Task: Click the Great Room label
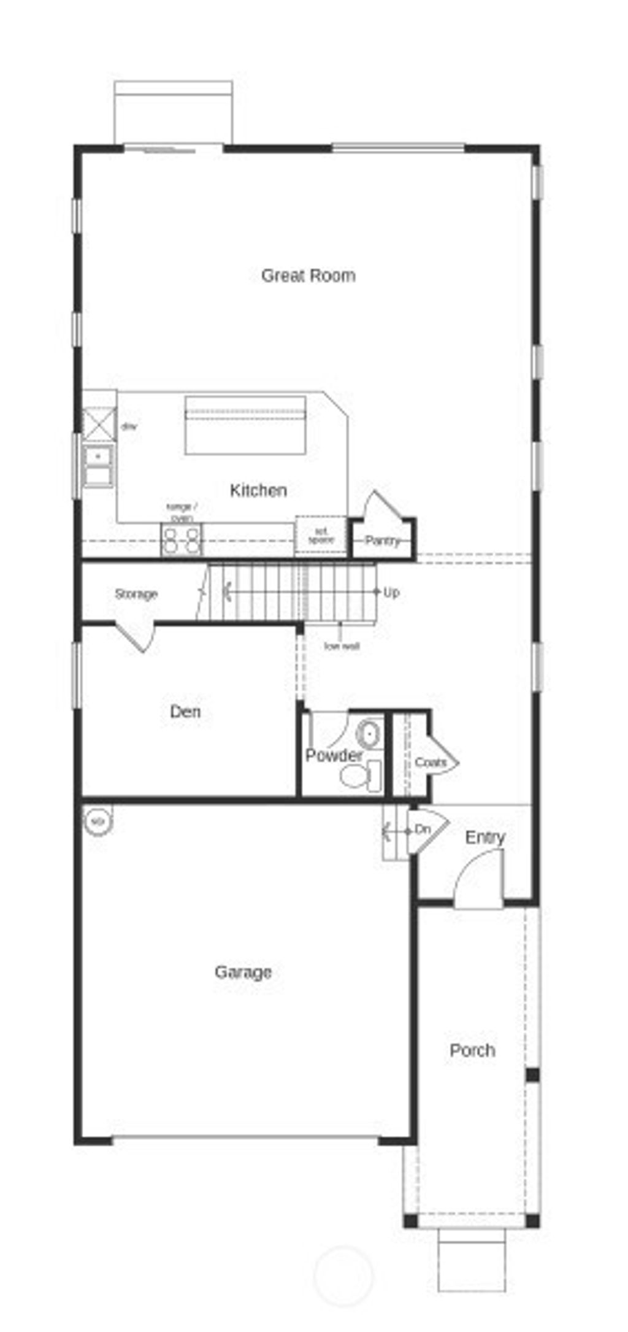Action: tap(308, 275)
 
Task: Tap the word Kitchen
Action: tap(258, 490)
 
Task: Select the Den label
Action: tap(185, 712)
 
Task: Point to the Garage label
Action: tap(243, 972)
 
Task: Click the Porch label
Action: tap(472, 1050)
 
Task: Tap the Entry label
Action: tap(485, 837)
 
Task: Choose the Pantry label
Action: tap(381, 541)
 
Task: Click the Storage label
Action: tap(136, 594)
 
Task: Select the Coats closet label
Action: tap(430, 763)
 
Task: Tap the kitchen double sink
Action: tap(98, 466)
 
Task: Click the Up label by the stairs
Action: tap(391, 593)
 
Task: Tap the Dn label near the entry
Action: tap(423, 830)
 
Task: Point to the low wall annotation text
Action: tap(342, 646)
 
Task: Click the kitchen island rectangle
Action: tap(245, 425)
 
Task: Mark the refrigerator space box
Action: tap(321, 536)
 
